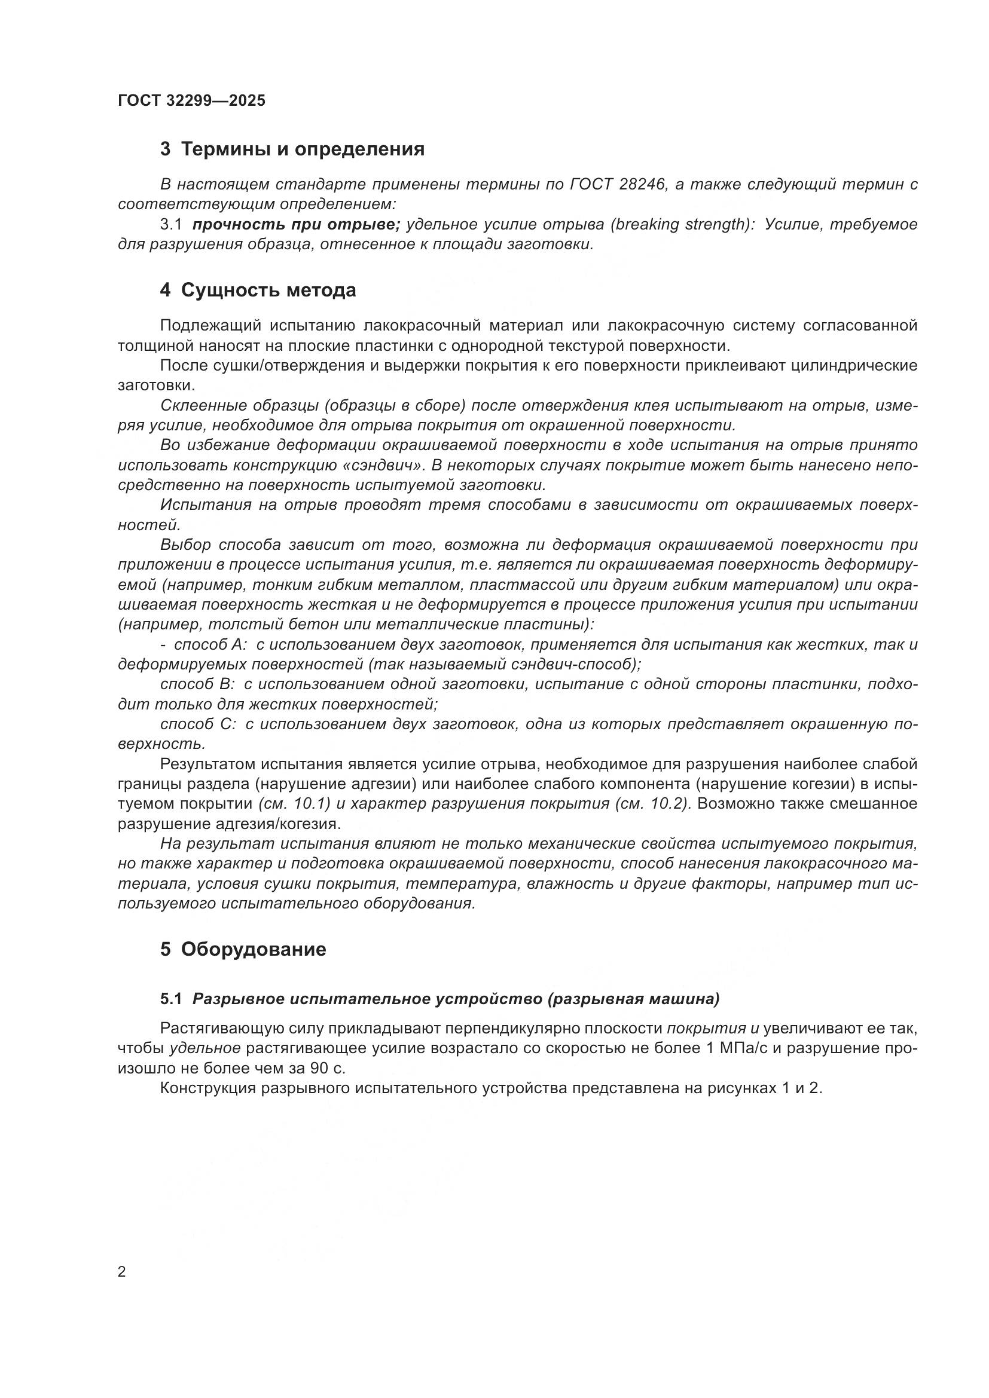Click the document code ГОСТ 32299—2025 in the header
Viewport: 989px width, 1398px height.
192,100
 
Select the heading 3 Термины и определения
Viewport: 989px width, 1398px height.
292,149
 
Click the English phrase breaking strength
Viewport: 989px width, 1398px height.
682,225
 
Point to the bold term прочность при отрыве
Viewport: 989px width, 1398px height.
296,225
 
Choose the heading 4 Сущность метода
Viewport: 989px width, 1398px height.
258,290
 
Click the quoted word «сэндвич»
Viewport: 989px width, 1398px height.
385,465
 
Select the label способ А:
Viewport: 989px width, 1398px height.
210,645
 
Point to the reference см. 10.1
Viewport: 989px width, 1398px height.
294,804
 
